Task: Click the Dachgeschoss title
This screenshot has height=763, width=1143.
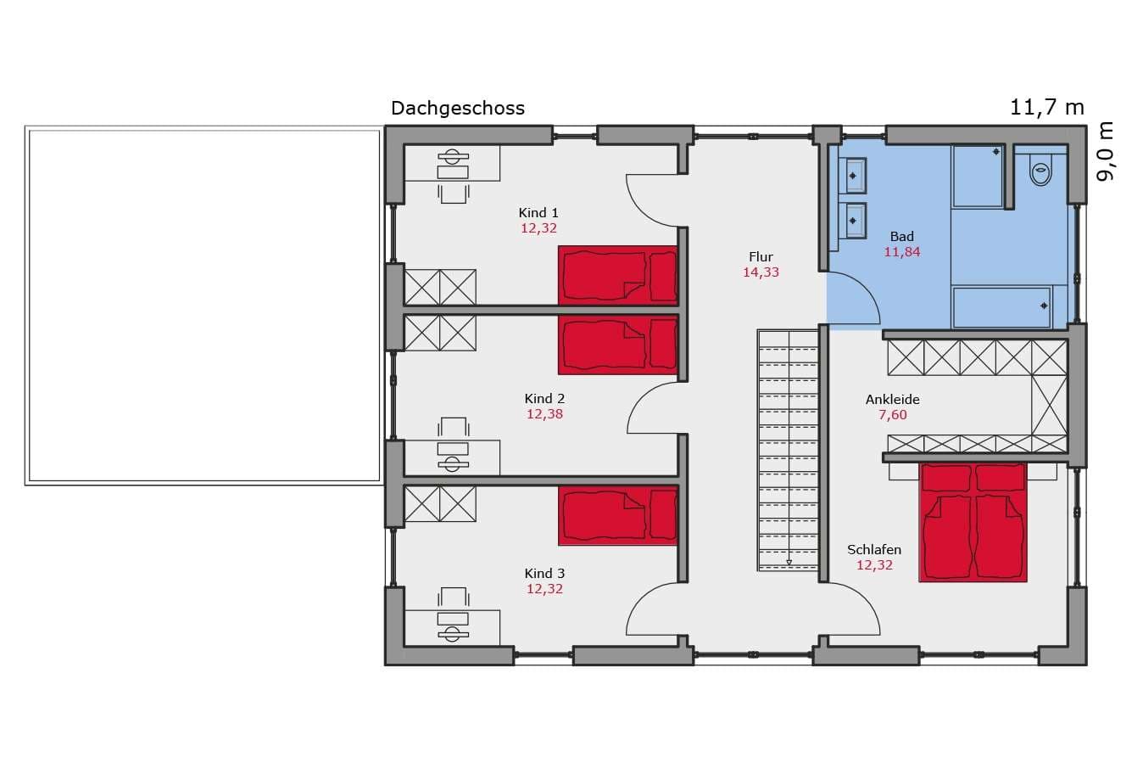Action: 458,109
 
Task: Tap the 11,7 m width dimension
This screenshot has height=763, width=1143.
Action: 1047,108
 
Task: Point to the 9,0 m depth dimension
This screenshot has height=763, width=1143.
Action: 1105,152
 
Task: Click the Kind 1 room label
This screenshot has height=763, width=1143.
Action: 538,212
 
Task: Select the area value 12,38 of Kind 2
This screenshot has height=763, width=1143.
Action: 544,414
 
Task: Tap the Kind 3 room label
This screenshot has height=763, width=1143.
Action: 544,574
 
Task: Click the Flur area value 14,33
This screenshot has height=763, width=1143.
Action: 761,272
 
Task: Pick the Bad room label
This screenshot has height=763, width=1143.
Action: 901,237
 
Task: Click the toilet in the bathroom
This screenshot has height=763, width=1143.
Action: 1041,171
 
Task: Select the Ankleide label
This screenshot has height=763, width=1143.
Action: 893,400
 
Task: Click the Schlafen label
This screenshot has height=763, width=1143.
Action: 874,550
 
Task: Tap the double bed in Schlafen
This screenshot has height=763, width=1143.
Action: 973,523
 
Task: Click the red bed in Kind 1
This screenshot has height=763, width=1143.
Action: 618,276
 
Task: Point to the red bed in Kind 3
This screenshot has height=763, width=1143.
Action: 618,516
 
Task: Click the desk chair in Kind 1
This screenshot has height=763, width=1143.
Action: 453,194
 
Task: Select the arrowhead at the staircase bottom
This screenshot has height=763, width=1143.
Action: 789,563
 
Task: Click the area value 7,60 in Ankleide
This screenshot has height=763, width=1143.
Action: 893,415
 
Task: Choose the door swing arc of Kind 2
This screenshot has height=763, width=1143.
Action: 642,395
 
